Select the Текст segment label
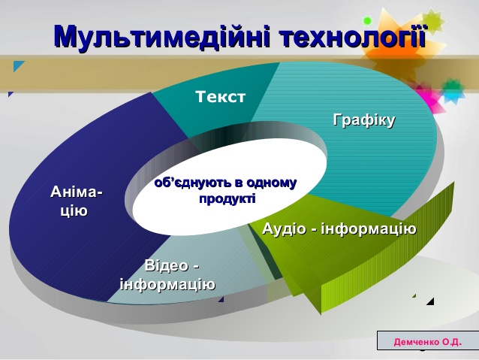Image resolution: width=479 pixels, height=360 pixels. point(220,97)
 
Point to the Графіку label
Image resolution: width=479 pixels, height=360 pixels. point(364,120)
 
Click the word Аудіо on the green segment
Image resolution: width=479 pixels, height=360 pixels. point(284,228)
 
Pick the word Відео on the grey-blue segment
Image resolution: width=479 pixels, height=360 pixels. point(167,265)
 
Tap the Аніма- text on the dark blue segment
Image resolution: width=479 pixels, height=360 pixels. point(77,192)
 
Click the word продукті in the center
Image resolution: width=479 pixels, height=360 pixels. point(227,198)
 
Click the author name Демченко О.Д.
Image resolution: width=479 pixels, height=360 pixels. point(428,342)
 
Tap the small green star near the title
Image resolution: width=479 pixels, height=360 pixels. point(367,20)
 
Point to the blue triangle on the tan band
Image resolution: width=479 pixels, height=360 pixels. point(18,65)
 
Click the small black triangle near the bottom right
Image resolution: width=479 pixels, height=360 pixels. point(430,301)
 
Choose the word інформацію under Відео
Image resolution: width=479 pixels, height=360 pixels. point(167,284)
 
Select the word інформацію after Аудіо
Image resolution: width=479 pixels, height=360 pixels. point(369,228)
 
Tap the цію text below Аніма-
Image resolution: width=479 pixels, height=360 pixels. point(74,211)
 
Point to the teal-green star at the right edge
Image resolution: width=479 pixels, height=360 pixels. point(453,89)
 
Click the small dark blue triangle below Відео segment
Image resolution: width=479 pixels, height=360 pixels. point(221,299)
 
